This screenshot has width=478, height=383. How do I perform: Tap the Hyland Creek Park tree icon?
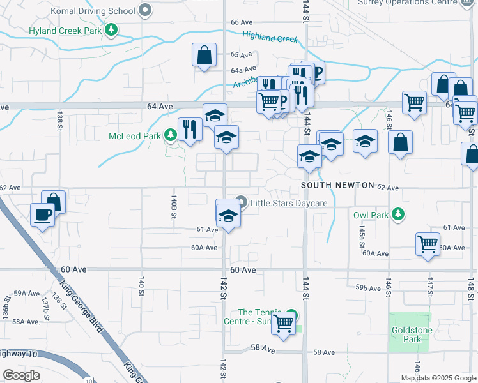point(112,30)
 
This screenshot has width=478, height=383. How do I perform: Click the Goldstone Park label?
point(408,334)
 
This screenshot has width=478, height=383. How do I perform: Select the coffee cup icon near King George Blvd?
point(42,214)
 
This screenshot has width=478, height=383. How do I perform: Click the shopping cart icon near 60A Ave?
point(427,243)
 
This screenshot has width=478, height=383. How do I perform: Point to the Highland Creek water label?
point(271,38)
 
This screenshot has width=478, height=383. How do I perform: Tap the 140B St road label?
point(173,208)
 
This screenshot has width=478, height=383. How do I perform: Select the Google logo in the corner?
point(22,375)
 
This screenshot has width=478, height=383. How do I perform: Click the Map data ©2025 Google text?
point(438,378)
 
